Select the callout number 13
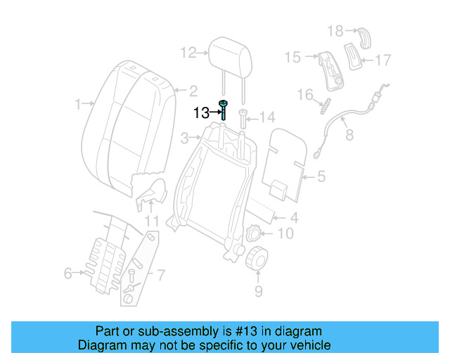click(x=201, y=112)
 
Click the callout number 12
click(x=189, y=53)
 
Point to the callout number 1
click(x=79, y=105)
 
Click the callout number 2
click(x=192, y=90)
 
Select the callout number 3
click(x=184, y=137)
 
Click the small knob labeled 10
click(x=254, y=233)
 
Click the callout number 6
click(x=68, y=273)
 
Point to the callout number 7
click(x=160, y=274)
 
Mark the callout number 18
click(x=334, y=30)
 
